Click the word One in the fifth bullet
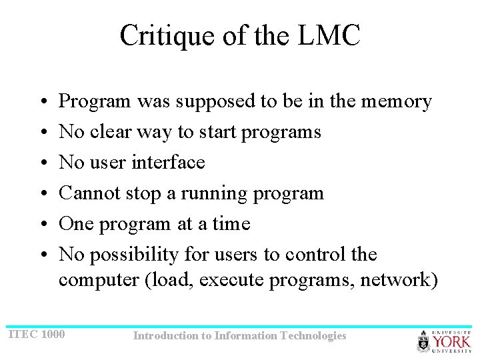click(x=76, y=223)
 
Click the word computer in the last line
click(x=99, y=279)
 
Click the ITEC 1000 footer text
click(x=37, y=333)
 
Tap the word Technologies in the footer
click(x=314, y=335)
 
